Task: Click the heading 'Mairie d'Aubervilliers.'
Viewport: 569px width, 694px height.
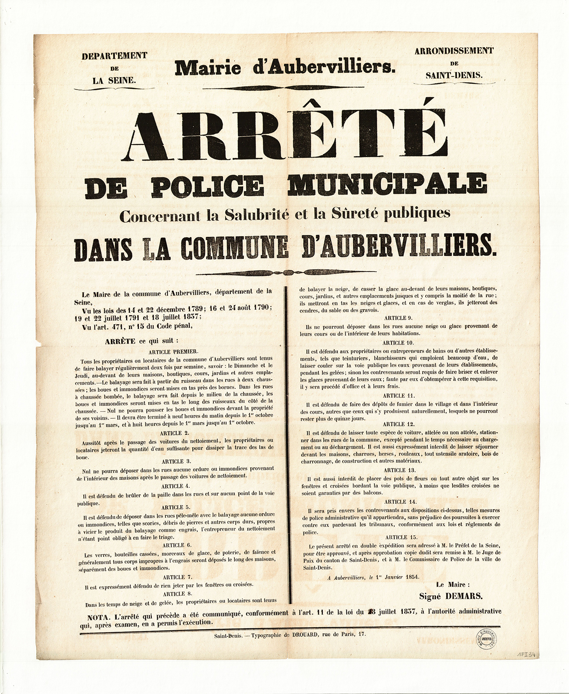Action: pos(285,68)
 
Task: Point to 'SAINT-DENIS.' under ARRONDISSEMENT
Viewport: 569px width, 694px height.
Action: pos(454,75)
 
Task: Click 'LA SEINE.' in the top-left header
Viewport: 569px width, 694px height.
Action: pos(115,80)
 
